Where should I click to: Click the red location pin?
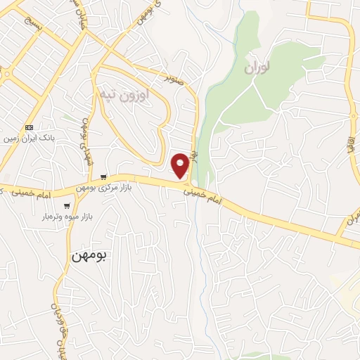tap(180, 165)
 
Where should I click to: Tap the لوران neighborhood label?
tap(257, 69)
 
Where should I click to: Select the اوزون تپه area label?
tap(123, 94)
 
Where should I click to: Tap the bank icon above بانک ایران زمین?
tap(29, 127)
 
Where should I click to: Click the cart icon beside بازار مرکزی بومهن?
tap(104, 177)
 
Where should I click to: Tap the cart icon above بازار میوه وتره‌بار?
tap(67, 207)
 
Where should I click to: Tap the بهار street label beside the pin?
tap(196, 156)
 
